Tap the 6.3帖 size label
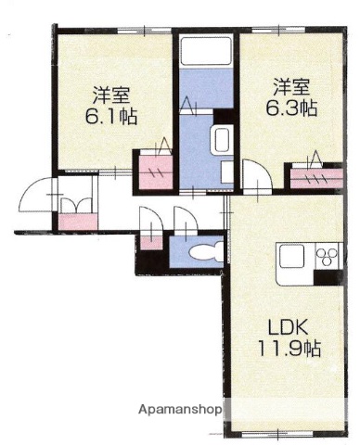294,108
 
